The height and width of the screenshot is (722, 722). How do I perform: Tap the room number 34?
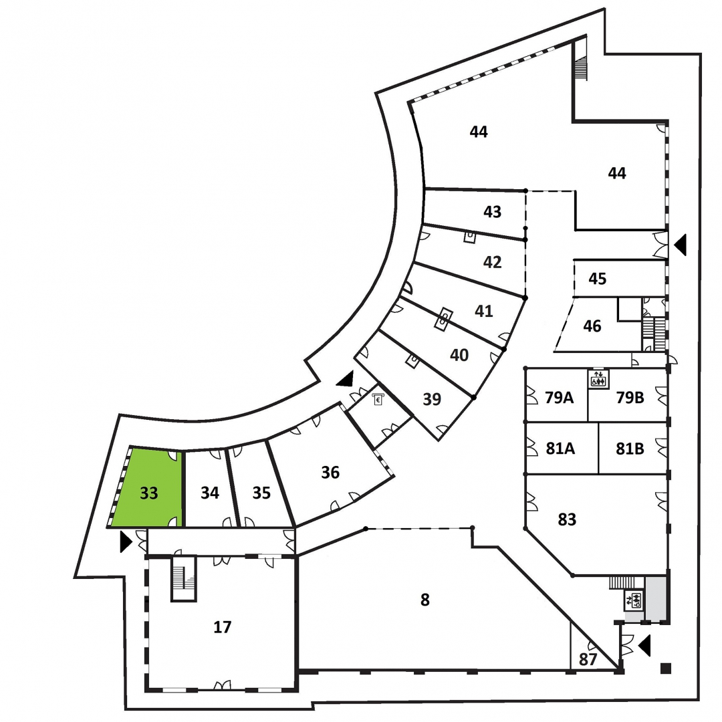[210, 493]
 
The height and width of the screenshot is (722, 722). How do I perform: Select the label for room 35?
[261, 493]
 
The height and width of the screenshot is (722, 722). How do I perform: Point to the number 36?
[330, 473]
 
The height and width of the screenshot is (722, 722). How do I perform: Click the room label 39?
[432, 398]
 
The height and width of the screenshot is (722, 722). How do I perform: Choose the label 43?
[492, 212]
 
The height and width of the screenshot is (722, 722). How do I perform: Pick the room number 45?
[597, 279]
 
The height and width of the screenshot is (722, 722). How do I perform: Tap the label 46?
[592, 326]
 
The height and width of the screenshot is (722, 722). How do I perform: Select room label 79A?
[559, 397]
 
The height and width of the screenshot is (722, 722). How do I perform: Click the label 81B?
[630, 449]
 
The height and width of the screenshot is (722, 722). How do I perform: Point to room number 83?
[567, 520]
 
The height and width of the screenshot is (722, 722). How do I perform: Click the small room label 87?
[588, 660]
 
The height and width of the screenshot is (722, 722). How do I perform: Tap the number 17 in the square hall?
[223, 627]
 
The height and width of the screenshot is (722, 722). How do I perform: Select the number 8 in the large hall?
[425, 600]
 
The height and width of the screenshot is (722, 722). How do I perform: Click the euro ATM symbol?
[378, 399]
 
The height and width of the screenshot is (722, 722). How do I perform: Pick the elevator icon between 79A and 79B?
[598, 379]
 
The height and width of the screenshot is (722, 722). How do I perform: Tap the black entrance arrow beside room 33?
[126, 541]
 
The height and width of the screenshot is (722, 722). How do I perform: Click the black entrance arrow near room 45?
[681, 245]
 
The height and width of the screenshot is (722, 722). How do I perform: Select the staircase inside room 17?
[184, 579]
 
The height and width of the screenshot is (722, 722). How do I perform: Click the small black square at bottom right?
[665, 668]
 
